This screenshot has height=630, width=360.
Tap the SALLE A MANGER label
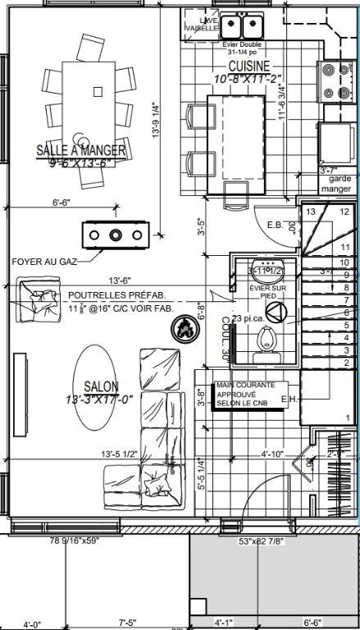[81, 150]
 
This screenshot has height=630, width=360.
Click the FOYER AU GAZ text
[39, 262]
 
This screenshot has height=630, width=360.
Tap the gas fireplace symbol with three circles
[115, 235]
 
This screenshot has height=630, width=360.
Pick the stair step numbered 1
[348, 418]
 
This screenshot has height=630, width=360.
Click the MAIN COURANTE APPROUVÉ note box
[250, 396]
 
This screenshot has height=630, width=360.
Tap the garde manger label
[339, 183]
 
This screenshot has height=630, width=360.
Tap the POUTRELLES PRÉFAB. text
[116, 295]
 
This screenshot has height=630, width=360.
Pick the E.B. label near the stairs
[276, 223]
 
